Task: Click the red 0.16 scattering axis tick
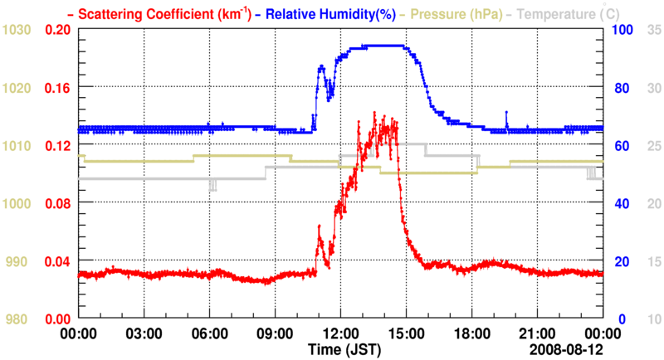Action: (56, 87)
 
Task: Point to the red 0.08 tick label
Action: (56, 203)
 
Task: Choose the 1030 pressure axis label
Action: (17, 30)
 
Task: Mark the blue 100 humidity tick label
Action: (622, 30)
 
